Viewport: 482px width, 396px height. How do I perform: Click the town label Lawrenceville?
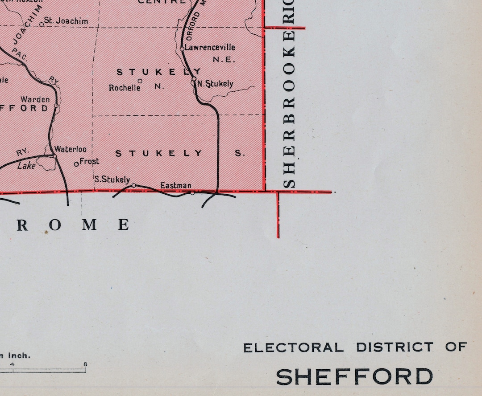pos(210,47)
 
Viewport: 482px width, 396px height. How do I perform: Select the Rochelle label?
pos(125,88)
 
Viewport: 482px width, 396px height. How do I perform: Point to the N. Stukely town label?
pos(216,84)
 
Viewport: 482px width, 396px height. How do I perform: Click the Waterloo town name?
pos(71,150)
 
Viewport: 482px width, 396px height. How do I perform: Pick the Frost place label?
pos(90,162)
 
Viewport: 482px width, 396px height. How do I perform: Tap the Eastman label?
pos(176,186)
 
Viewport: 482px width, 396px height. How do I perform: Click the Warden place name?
pos(35,99)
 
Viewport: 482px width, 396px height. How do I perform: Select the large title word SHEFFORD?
pos(354,377)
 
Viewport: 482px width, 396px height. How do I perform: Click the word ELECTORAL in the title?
pos(293,347)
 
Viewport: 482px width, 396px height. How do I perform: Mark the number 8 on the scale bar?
pos(85,364)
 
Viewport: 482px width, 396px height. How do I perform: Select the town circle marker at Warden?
pos(56,106)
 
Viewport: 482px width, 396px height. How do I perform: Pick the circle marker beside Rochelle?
pos(140,81)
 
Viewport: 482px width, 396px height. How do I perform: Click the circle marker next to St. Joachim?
pos(42,24)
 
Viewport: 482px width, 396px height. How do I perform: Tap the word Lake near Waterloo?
pos(26,166)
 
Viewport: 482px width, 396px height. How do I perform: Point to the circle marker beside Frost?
pos(76,164)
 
